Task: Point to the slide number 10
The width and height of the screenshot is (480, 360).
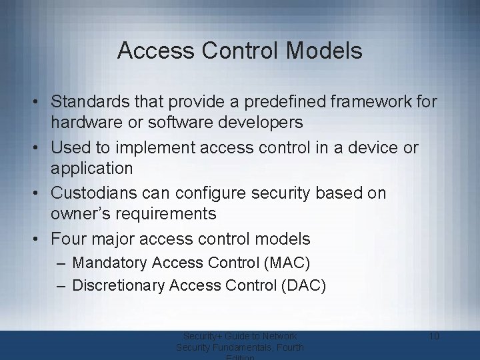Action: (x=433, y=336)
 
